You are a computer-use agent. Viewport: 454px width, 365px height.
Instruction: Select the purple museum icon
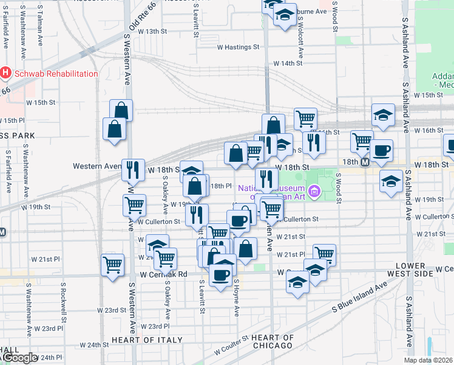[314, 192]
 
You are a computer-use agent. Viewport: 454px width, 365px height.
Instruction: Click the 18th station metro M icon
[365, 162]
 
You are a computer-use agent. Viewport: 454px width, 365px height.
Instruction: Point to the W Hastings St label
[238, 47]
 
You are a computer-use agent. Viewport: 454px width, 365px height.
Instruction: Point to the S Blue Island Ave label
[359, 306]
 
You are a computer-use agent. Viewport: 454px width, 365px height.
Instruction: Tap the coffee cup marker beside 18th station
[381, 150]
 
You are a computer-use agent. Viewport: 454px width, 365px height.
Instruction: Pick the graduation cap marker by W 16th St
[383, 114]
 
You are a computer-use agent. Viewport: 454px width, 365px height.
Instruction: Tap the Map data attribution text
[429, 360]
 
